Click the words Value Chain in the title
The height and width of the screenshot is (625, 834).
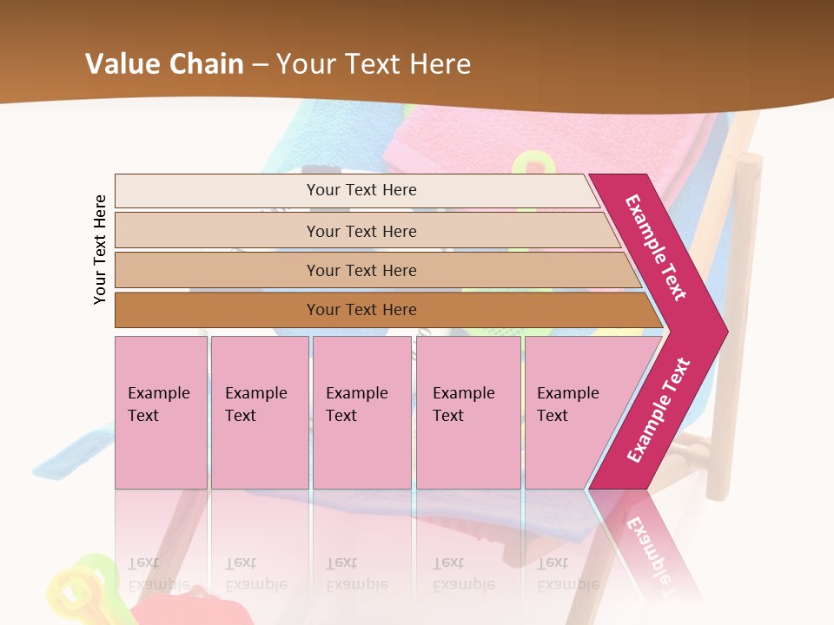click(164, 63)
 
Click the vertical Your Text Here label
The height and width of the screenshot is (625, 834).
click(100, 249)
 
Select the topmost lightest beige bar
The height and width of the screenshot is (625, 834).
click(217, 191)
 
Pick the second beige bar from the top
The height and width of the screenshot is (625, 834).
click(217, 231)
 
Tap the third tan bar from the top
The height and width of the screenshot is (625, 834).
click(217, 270)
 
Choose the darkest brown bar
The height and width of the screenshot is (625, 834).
click(217, 310)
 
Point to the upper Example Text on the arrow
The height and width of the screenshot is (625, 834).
click(656, 247)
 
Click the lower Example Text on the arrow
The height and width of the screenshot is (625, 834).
click(659, 410)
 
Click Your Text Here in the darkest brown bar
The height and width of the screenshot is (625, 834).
click(361, 310)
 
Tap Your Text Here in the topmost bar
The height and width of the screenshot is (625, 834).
click(361, 190)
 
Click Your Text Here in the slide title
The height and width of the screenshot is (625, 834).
click(374, 63)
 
